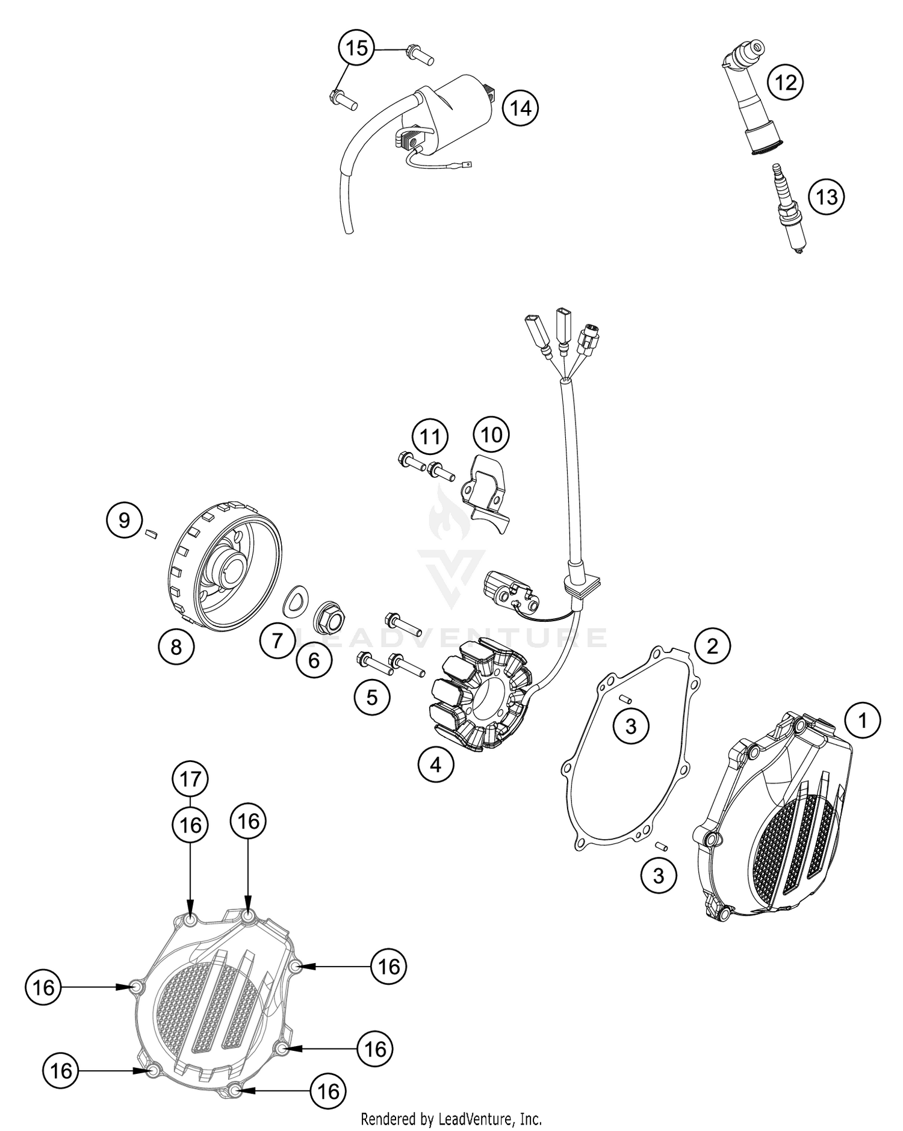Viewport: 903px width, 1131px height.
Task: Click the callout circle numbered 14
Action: point(521,108)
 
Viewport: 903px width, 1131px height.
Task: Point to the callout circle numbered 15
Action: point(356,48)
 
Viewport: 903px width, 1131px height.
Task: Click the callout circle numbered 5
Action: point(372,697)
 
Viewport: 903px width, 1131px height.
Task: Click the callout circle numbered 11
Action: point(430,436)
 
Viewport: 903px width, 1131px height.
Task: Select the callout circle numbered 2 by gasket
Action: point(712,646)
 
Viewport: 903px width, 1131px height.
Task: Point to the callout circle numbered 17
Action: point(190,779)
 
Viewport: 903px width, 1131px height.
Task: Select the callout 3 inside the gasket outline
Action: point(630,726)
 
